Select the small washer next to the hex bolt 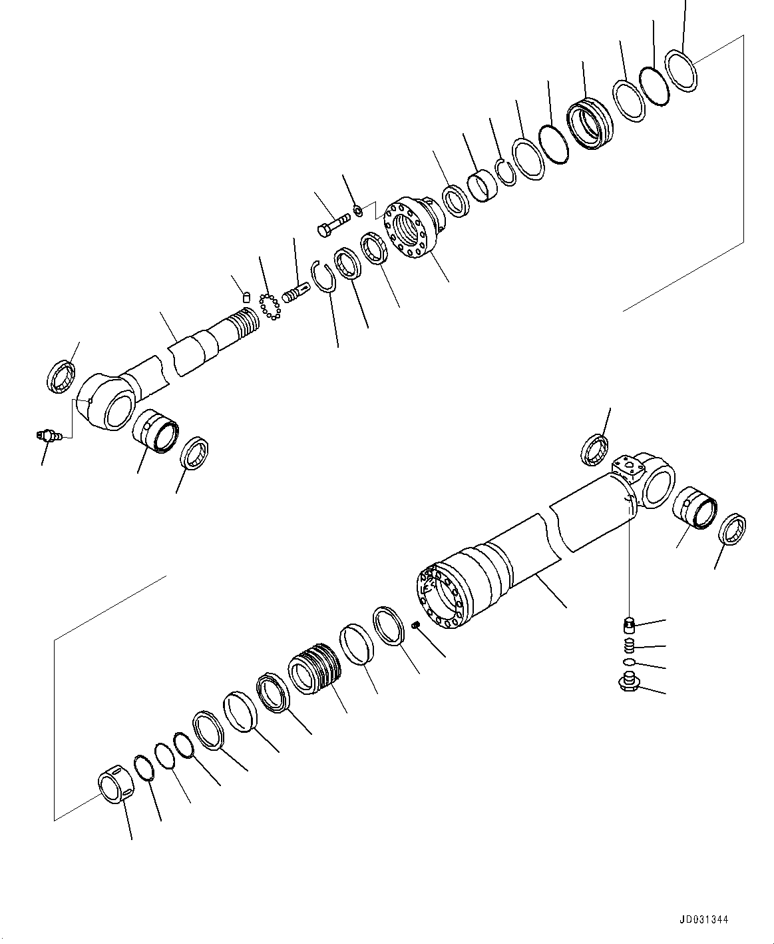coord(359,211)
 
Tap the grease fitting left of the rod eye coord(47,436)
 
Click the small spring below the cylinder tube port coord(628,646)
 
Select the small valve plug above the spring coord(629,625)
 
